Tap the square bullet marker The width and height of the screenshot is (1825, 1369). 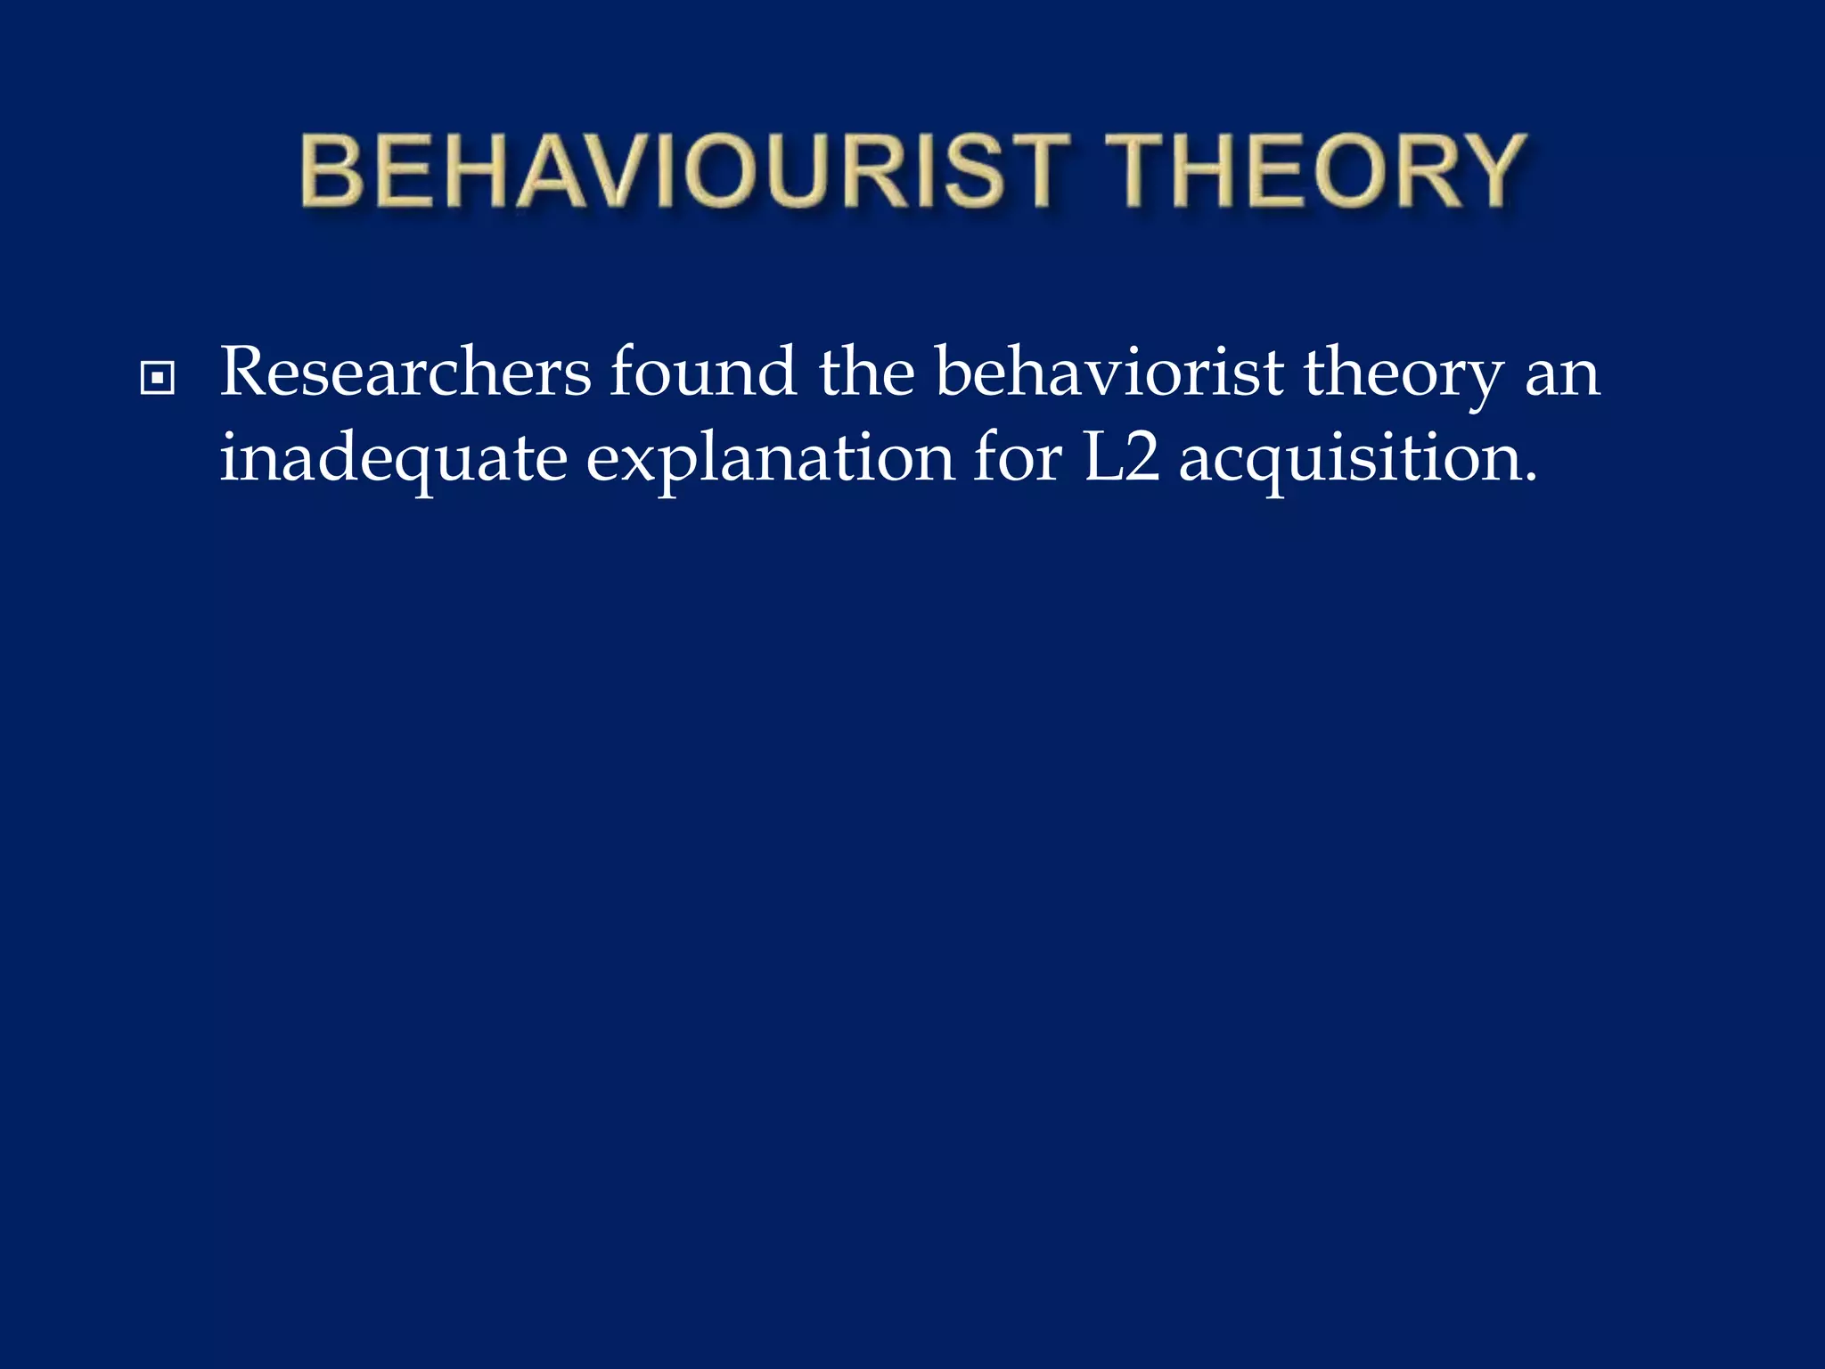point(158,379)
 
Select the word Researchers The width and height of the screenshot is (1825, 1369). point(405,373)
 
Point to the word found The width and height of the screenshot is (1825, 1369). point(703,373)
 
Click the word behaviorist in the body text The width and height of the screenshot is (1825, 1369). point(1109,373)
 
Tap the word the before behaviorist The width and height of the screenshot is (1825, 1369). point(866,373)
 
